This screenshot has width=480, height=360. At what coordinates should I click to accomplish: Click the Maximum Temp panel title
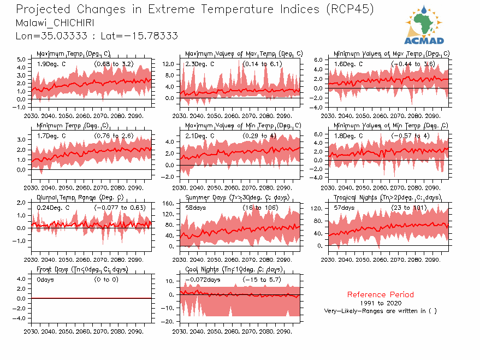(x=73, y=54)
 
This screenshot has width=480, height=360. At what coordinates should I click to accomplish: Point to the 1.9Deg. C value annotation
(x=51, y=64)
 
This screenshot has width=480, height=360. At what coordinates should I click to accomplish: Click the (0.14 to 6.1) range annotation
(x=262, y=64)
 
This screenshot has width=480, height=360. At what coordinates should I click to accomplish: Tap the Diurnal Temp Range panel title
(x=80, y=197)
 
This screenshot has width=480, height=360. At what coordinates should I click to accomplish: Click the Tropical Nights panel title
(x=387, y=197)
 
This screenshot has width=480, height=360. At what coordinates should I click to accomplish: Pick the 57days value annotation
(x=345, y=208)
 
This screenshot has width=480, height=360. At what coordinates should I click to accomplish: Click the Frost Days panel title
(x=82, y=269)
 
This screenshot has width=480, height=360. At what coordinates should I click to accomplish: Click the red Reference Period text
(x=380, y=294)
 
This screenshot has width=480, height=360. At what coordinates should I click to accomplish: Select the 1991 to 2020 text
(x=381, y=303)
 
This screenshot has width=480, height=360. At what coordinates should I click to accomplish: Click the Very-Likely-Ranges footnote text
(x=381, y=311)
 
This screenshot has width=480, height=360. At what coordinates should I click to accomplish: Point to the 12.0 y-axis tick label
(x=168, y=64)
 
